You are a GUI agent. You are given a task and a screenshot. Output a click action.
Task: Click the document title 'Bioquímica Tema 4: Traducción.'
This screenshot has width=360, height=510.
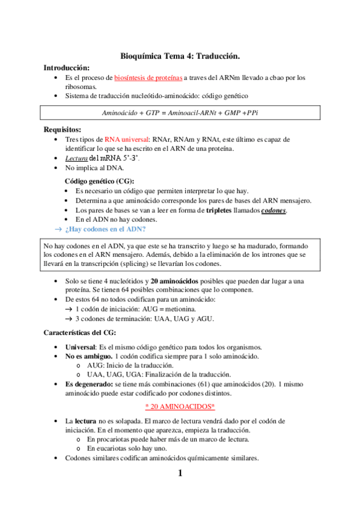click(x=180, y=56)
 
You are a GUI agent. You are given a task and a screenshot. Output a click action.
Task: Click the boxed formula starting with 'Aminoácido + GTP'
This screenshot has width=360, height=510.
click(x=180, y=112)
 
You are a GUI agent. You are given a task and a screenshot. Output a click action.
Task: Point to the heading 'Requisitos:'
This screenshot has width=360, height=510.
click(x=63, y=129)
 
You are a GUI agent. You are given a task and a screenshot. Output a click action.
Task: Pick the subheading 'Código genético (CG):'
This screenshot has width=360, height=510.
click(x=99, y=181)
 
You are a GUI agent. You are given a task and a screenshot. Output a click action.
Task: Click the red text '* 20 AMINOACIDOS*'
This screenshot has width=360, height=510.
click(x=180, y=407)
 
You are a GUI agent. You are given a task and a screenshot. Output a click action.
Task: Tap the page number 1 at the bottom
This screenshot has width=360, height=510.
click(x=180, y=474)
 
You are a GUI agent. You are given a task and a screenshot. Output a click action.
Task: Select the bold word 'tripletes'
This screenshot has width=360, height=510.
click(x=222, y=210)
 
